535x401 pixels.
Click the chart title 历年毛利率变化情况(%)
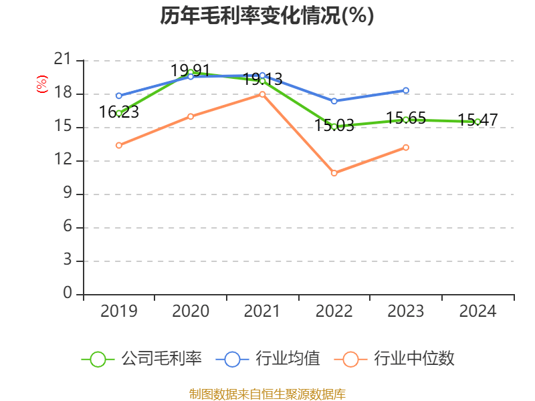click(267, 16)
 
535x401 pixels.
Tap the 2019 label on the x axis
click(118, 311)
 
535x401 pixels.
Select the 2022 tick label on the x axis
click(334, 311)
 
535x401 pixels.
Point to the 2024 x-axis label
click(477, 311)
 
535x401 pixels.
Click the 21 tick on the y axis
click(63, 60)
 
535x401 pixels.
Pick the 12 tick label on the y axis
click(63, 160)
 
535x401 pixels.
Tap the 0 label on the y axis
click(68, 294)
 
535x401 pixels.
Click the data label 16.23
click(119, 112)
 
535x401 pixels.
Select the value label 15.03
click(334, 125)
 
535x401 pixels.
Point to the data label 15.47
click(477, 120)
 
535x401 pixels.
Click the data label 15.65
click(406, 118)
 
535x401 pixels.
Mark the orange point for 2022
click(334, 173)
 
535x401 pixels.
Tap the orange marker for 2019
click(118, 145)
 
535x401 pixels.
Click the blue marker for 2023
click(406, 90)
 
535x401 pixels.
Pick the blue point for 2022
click(334, 101)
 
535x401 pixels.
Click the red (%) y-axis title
click(41, 84)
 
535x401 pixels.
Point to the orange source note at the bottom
click(267, 394)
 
